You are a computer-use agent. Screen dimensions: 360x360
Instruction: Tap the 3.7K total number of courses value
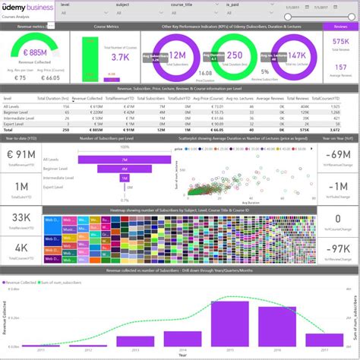click(120, 56)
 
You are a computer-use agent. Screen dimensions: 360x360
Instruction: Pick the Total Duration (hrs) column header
click(53, 98)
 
